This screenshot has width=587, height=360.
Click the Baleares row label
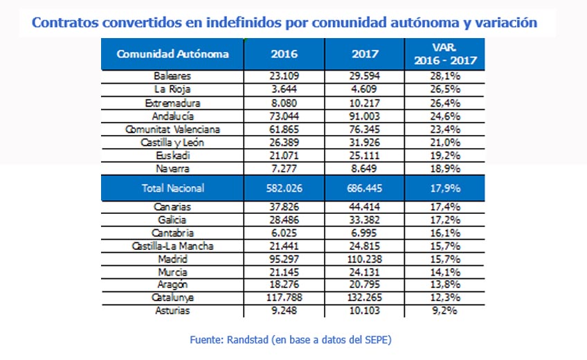(172, 76)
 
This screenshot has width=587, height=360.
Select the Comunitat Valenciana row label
(172, 129)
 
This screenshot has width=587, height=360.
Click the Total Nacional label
(172, 188)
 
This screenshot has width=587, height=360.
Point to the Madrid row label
(172, 259)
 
